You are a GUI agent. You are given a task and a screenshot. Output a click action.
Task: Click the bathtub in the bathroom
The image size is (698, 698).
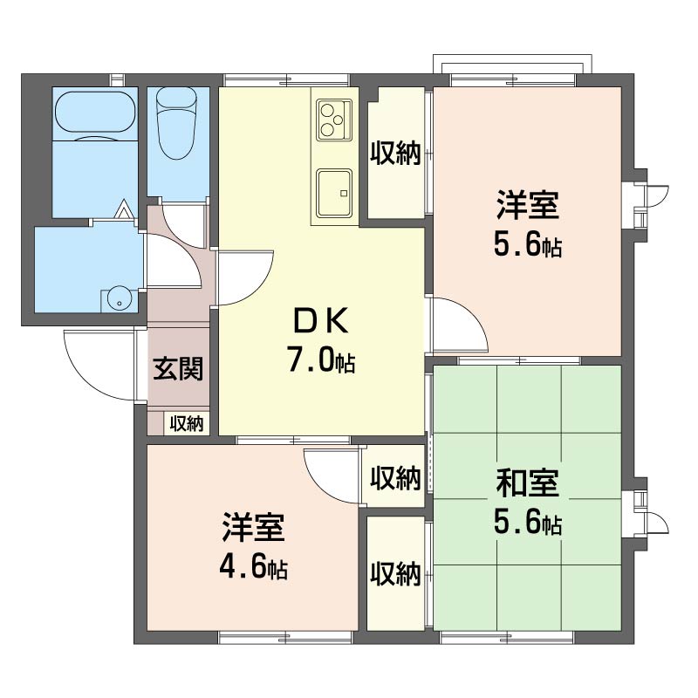point(95,113)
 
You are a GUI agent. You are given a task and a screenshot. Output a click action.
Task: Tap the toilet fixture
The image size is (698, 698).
point(177,123)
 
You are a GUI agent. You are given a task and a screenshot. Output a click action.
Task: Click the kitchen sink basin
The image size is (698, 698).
point(334,193)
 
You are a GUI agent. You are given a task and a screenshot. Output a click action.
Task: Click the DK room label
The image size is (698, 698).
point(320,321)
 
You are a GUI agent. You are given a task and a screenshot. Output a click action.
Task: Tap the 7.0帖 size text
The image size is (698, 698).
point(320,359)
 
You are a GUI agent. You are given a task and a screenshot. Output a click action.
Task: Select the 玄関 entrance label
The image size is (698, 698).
point(178,368)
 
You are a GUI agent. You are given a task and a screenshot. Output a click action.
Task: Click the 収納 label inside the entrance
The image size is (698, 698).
point(187,423)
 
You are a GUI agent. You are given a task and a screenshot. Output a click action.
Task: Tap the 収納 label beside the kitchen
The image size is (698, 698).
point(396,154)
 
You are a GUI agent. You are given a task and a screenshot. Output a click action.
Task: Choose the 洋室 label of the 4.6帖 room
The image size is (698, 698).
point(253,528)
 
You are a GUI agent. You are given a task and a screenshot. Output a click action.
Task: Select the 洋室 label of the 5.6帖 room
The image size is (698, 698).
point(528,205)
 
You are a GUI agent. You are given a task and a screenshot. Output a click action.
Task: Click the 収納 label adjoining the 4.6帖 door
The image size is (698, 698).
point(396,477)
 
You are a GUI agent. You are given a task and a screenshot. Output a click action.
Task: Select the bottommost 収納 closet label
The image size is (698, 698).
point(396,574)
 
